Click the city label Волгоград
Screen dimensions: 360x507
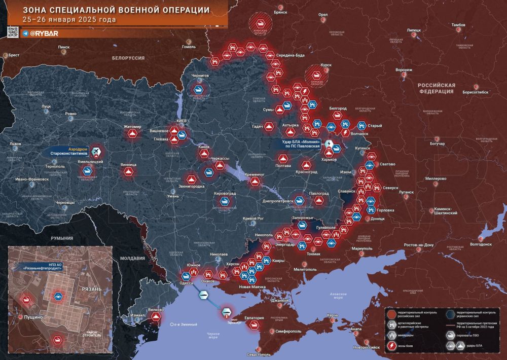(481, 244)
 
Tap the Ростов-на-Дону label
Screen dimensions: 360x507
(418, 245)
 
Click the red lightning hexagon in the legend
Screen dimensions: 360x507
(392, 346)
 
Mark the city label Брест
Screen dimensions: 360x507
(14, 54)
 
